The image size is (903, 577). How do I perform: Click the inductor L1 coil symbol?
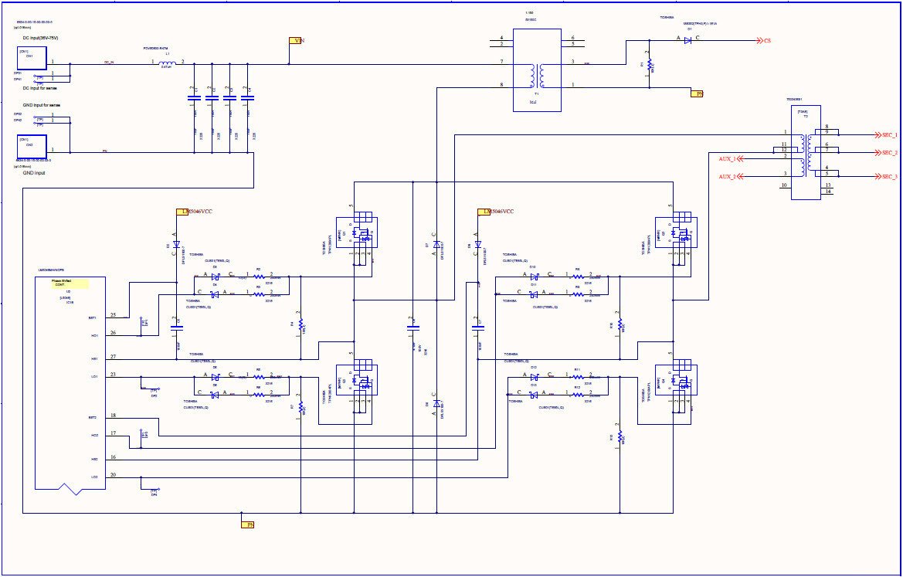click(x=167, y=62)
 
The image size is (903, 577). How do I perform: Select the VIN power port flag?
click(x=295, y=40)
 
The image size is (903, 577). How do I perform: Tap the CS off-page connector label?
click(x=766, y=40)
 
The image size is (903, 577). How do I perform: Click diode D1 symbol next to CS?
click(x=687, y=40)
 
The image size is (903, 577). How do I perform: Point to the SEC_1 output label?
click(x=889, y=134)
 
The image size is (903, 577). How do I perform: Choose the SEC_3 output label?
click(x=889, y=177)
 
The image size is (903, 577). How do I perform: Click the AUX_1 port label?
click(x=727, y=158)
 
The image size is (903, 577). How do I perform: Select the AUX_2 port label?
click(x=727, y=177)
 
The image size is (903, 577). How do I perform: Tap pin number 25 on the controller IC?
click(x=113, y=315)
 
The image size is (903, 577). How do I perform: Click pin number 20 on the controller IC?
click(x=113, y=475)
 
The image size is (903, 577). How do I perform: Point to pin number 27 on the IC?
click(x=113, y=356)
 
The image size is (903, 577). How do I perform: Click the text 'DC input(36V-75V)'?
click(x=41, y=38)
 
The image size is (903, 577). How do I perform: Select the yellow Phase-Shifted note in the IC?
click(x=70, y=283)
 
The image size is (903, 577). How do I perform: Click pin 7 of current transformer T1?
click(x=501, y=61)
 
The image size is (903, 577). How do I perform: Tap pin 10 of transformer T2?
click(x=784, y=185)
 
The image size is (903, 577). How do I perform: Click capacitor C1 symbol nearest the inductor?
click(x=193, y=97)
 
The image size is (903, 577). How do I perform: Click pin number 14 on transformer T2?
click(x=827, y=192)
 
